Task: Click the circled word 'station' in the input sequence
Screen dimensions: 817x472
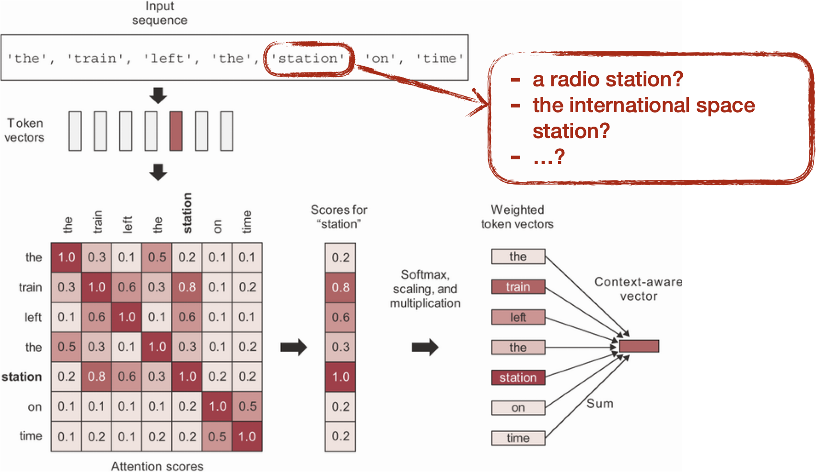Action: click(308, 59)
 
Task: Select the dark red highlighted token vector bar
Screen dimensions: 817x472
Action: click(176, 131)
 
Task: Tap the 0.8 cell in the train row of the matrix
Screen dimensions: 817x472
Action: click(187, 287)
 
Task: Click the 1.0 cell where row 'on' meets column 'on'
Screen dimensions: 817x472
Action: click(217, 406)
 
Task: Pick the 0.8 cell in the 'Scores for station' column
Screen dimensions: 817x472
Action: click(340, 287)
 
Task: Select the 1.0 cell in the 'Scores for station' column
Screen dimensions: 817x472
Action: click(340, 377)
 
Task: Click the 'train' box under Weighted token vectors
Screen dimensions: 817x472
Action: click(518, 287)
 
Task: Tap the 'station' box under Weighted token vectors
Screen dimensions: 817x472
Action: click(518, 377)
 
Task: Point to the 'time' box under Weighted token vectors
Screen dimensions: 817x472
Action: click(518, 438)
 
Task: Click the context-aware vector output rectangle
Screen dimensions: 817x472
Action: click(639, 346)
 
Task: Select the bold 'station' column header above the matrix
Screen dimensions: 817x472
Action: click(187, 213)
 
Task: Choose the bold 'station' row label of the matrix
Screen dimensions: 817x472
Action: click(22, 377)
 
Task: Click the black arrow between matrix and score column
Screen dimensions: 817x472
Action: click(293, 347)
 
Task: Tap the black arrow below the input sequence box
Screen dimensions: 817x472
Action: click(158, 95)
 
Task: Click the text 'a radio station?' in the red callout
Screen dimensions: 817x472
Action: click(607, 79)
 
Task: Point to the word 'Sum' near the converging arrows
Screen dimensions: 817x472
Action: click(600, 403)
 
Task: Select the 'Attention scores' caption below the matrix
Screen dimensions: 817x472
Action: click(157, 466)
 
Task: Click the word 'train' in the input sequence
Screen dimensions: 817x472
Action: click(95, 59)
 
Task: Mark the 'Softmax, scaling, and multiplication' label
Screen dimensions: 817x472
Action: click(425, 289)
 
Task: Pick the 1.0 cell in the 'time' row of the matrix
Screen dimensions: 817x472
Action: click(247, 436)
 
